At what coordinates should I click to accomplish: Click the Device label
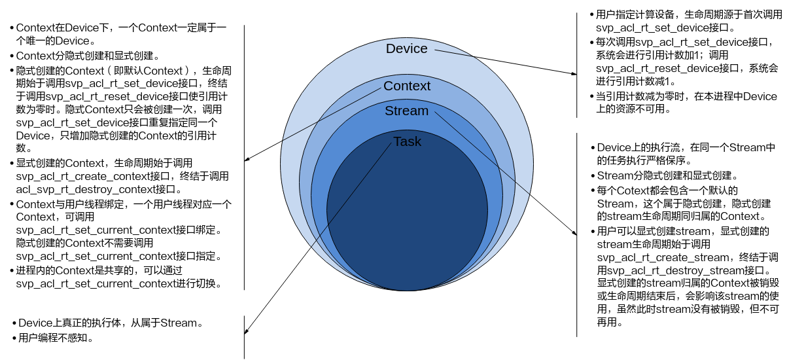point(406,49)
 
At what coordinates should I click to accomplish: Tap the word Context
point(406,86)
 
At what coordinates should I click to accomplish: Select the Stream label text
point(406,111)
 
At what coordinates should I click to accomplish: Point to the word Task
point(407,142)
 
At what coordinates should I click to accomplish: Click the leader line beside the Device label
point(453,52)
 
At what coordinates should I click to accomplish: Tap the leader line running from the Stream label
point(484,152)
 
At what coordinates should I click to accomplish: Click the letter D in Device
point(391,49)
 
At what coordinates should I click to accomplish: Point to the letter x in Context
point(422,86)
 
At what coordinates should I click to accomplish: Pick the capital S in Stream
point(389,111)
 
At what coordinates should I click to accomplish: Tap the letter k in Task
point(417,142)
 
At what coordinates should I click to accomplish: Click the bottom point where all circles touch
point(407,290)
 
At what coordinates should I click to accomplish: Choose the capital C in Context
point(388,86)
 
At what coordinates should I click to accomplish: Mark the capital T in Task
point(396,142)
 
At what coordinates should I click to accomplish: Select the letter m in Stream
point(423,111)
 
